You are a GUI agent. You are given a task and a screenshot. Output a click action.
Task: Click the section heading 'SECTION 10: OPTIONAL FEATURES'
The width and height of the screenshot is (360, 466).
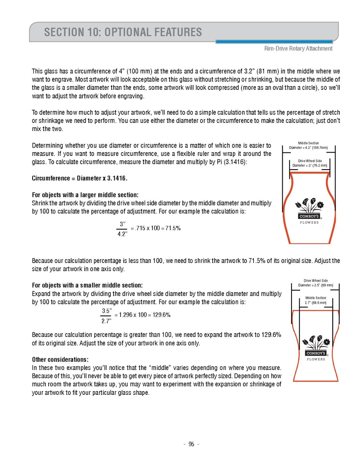click(123, 32)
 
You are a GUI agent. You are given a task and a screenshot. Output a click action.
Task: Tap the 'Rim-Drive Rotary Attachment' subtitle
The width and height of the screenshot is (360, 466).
click(298, 49)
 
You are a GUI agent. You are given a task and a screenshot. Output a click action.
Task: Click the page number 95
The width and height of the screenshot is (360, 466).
click(191, 445)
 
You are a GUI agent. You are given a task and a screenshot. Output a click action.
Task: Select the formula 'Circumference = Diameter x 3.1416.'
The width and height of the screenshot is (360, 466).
click(79, 179)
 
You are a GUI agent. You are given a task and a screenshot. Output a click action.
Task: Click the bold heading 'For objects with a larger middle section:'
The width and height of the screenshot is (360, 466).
click(85, 195)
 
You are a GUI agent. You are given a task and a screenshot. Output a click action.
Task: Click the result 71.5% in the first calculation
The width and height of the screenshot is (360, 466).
click(173, 228)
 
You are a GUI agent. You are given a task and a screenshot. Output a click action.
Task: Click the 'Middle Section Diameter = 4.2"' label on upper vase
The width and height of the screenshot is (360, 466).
click(308, 145)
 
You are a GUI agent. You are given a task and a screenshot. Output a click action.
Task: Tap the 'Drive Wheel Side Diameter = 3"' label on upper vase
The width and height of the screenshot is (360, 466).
click(309, 163)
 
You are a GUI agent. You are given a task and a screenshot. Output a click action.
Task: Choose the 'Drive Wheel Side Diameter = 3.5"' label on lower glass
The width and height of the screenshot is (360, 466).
click(315, 283)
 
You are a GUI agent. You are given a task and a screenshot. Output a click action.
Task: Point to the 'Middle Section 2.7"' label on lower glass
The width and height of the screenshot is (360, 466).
click(315, 300)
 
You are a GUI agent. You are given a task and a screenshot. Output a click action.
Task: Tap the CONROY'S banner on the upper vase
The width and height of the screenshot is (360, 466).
click(309, 216)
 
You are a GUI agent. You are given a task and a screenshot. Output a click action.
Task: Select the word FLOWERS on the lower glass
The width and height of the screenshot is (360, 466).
click(316, 359)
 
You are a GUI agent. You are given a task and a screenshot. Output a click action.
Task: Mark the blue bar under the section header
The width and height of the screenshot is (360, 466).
click(274, 42)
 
